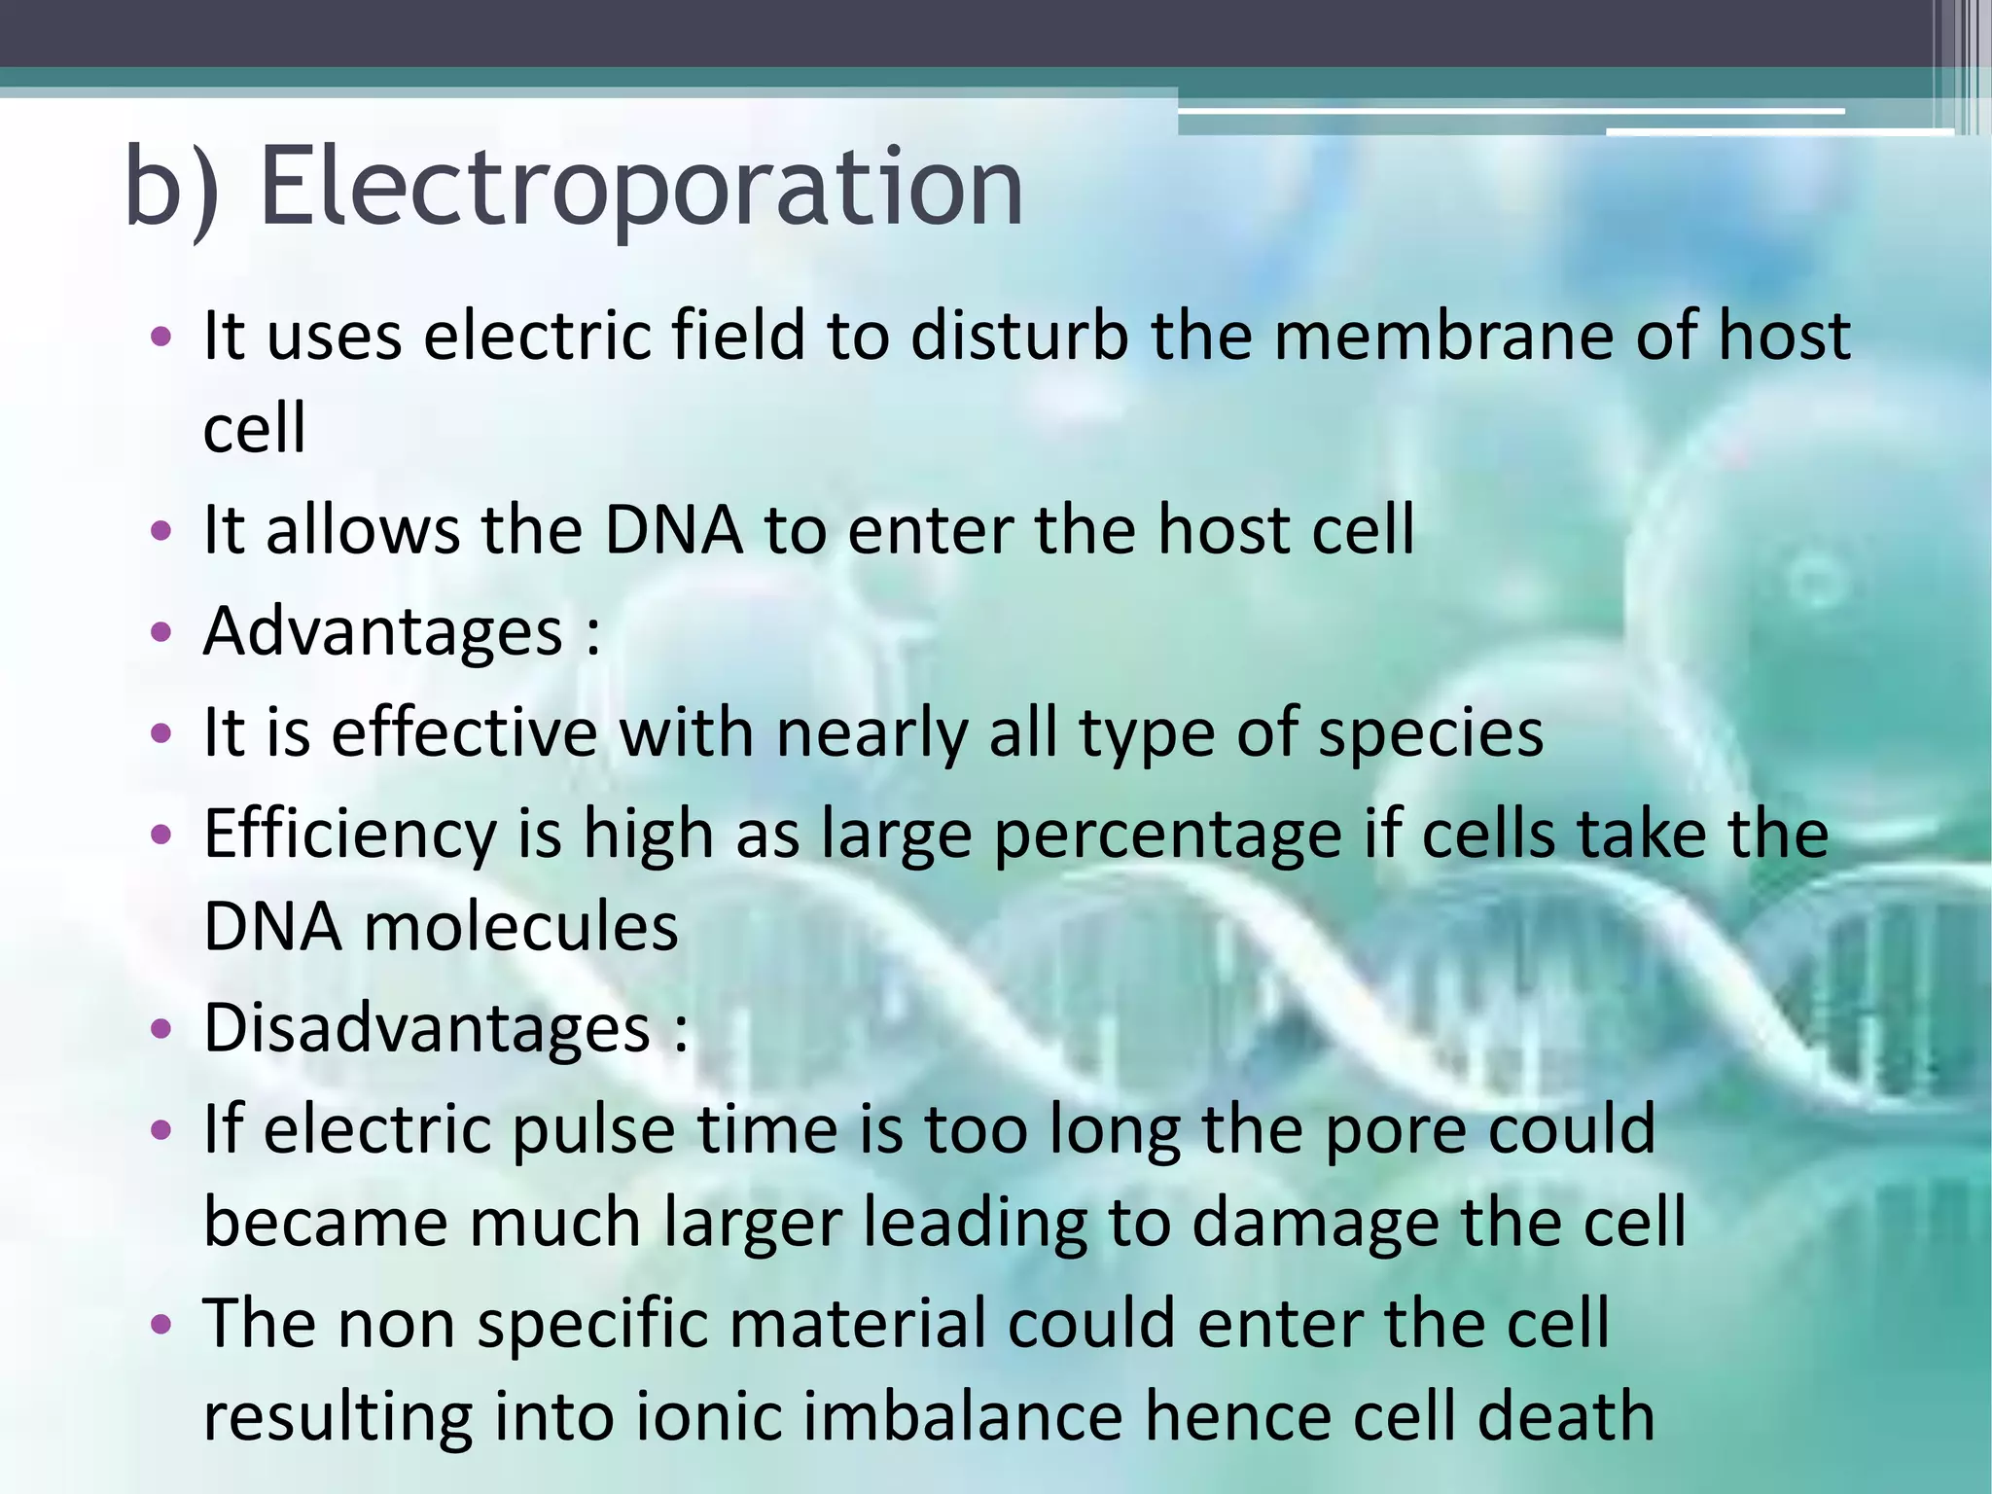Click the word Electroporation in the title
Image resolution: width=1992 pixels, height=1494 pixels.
coord(642,187)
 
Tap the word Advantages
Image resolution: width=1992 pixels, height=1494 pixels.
coord(382,632)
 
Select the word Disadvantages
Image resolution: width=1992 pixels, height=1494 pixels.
coord(426,1028)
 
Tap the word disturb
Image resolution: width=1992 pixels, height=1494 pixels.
coord(1019,336)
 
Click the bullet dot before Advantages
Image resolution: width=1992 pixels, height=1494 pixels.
coord(161,633)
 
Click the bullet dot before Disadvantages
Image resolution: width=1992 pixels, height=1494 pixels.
coord(161,1029)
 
